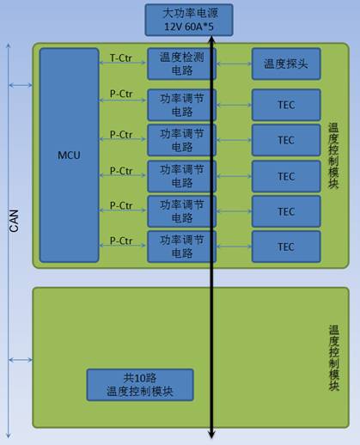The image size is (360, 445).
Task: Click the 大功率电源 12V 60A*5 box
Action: pos(189,20)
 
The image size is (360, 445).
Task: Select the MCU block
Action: pos(70,155)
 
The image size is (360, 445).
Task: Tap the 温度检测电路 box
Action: pos(181,64)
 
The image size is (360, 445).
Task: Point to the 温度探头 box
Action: pos(286,64)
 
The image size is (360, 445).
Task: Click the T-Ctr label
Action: pos(121,58)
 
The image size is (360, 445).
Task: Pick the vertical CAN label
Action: pos(14,221)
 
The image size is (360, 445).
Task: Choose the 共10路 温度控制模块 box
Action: pos(140,385)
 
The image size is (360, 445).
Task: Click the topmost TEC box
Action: pos(286,105)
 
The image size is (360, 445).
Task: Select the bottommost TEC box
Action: pos(286,247)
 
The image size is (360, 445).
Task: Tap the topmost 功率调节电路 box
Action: pos(181,105)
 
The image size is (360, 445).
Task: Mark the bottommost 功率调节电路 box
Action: pos(181,247)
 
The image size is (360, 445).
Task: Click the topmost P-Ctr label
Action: pos(121,94)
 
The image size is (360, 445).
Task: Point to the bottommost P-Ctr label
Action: pos(121,241)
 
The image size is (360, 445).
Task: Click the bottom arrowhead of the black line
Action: pos(211,436)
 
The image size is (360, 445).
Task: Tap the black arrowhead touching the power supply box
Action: pos(211,39)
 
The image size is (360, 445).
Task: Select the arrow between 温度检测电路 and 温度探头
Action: pos(234,64)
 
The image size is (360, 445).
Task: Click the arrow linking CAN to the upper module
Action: pos(21,85)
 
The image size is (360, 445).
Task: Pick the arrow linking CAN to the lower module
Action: pos(21,360)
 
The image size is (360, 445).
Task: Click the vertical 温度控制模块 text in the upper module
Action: pos(333,156)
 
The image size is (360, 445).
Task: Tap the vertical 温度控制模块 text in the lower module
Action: pos(333,358)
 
